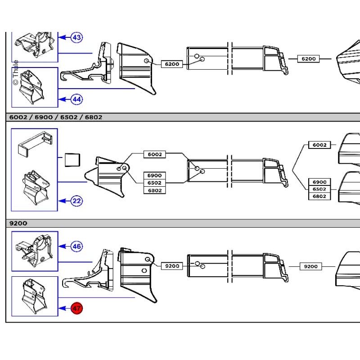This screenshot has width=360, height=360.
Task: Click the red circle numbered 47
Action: click(76, 308)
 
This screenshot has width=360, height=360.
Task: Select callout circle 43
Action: click(76, 37)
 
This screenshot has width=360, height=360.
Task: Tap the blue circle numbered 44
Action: click(76, 99)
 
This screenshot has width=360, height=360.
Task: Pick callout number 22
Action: click(76, 201)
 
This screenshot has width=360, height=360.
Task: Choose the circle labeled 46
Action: click(76, 246)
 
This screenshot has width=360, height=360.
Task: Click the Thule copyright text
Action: click(16, 72)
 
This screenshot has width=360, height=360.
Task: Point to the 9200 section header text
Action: click(18, 223)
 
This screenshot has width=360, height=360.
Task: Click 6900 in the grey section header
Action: click(44, 117)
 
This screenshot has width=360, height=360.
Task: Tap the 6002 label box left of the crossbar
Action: click(154, 154)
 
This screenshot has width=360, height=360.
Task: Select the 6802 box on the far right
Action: click(319, 196)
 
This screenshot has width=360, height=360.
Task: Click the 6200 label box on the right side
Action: click(308, 59)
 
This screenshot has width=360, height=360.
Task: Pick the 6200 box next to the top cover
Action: click(172, 64)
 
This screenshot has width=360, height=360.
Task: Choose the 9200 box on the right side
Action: click(310, 266)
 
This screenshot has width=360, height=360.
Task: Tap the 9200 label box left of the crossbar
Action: click(172, 266)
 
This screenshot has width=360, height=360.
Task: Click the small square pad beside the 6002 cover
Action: click(72, 160)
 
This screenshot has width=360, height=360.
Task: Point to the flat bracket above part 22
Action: click(35, 144)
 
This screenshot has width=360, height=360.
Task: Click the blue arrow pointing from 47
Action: click(65, 308)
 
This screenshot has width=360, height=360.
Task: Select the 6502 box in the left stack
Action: click(154, 183)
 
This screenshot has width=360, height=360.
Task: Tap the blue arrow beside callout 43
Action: click(65, 37)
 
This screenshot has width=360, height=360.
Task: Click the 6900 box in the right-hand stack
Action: click(319, 182)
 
